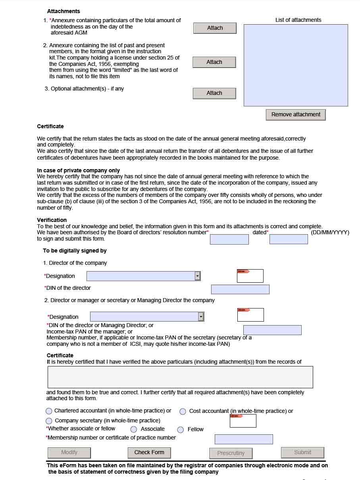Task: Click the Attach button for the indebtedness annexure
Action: [215, 28]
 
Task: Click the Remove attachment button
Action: [296, 115]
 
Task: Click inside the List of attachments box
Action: [296, 65]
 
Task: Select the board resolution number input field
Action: [229, 239]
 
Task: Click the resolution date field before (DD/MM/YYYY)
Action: [289, 239]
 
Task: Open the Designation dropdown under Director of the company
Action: [197, 276]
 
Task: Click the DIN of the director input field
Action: [240, 289]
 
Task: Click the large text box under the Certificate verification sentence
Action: [180, 377]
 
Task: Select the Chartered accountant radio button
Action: [49, 411]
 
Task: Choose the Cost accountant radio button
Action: [183, 412]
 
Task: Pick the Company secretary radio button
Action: [49, 421]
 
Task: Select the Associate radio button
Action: [134, 430]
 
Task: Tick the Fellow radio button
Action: [181, 430]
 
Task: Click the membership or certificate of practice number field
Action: [244, 439]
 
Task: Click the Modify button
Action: [69, 453]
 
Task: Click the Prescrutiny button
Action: [231, 453]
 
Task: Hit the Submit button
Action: [302, 453]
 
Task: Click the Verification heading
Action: [52, 220]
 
